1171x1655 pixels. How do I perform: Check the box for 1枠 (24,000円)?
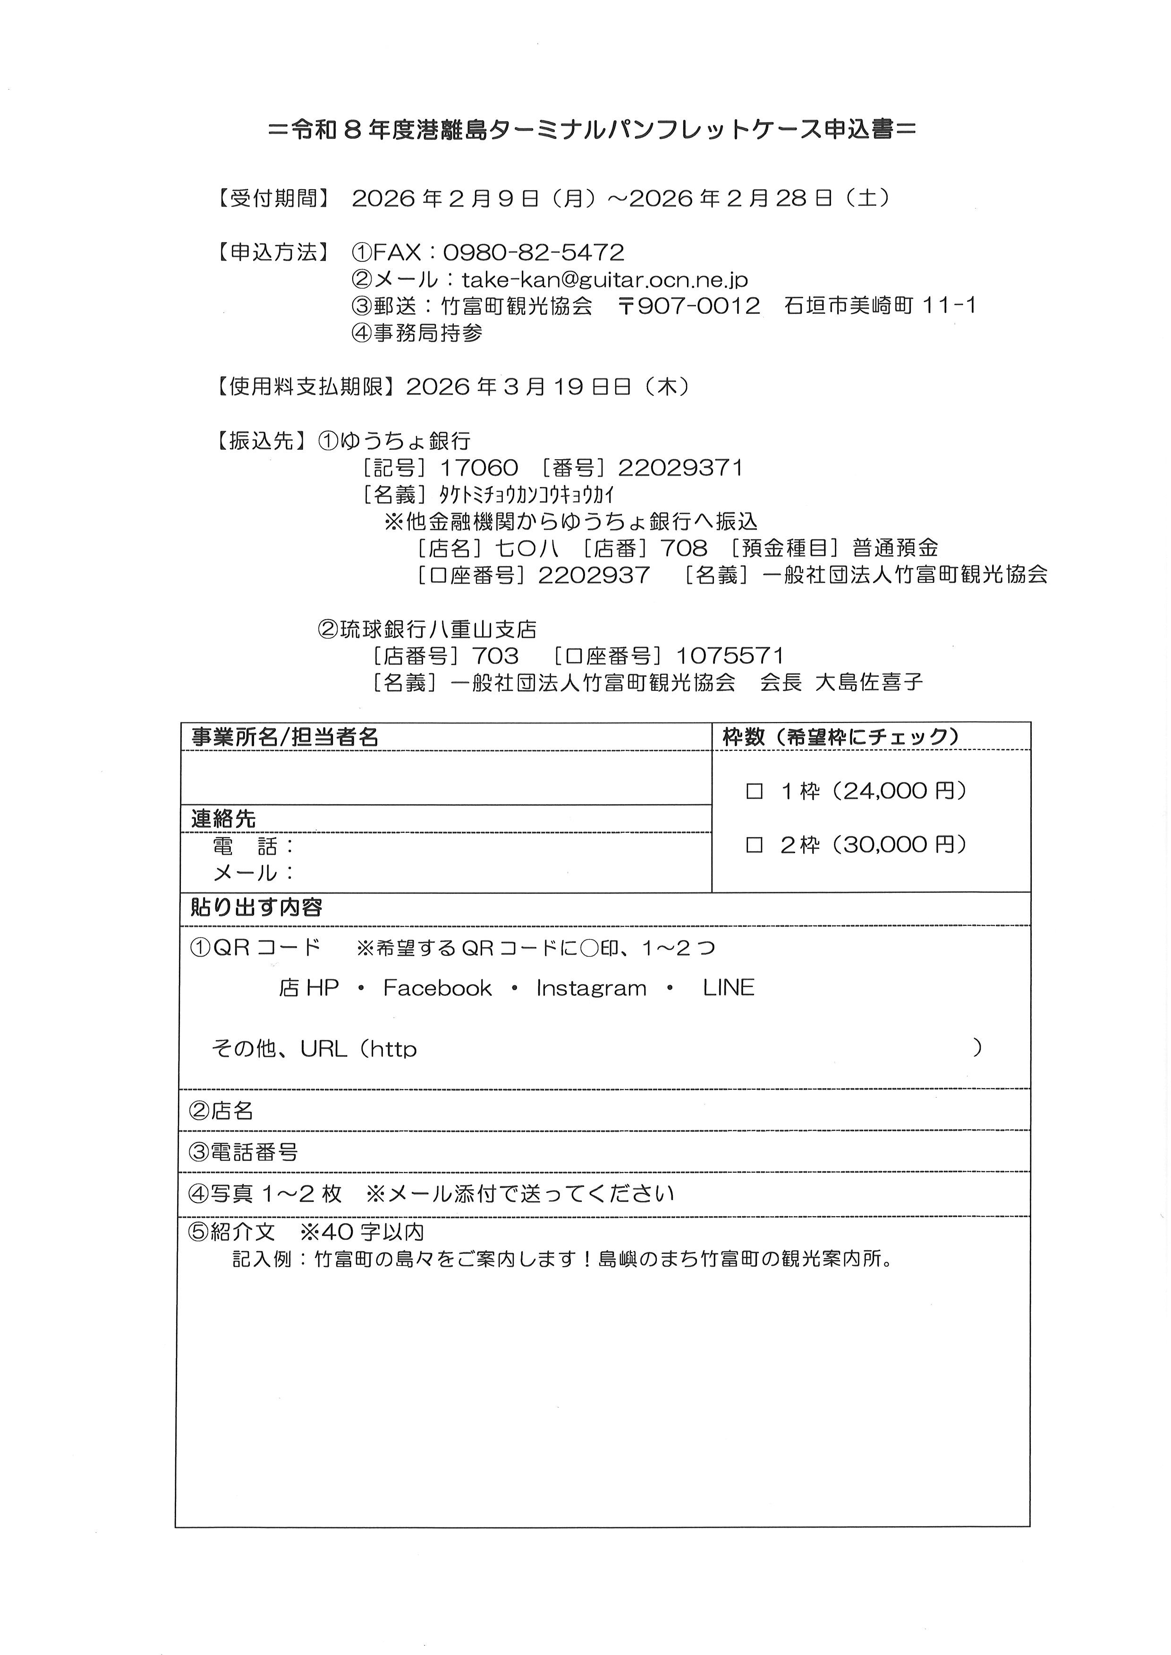click(x=754, y=791)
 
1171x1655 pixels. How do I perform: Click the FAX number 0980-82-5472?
click(x=533, y=252)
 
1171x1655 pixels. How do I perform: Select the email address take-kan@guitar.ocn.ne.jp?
click(x=604, y=280)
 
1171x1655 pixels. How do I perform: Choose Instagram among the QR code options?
click(x=591, y=988)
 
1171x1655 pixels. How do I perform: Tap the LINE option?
click(x=728, y=988)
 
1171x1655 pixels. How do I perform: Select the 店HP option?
click(x=309, y=988)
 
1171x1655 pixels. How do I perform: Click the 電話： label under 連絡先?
click(x=254, y=846)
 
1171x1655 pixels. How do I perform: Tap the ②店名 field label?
click(x=221, y=1111)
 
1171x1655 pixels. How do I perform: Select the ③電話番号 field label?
click(x=243, y=1152)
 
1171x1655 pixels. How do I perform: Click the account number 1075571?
click(x=730, y=656)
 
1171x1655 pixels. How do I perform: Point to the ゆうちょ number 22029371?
click(x=680, y=469)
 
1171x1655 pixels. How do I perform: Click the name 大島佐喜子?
click(x=868, y=682)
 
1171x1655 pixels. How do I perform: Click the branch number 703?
click(x=495, y=656)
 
